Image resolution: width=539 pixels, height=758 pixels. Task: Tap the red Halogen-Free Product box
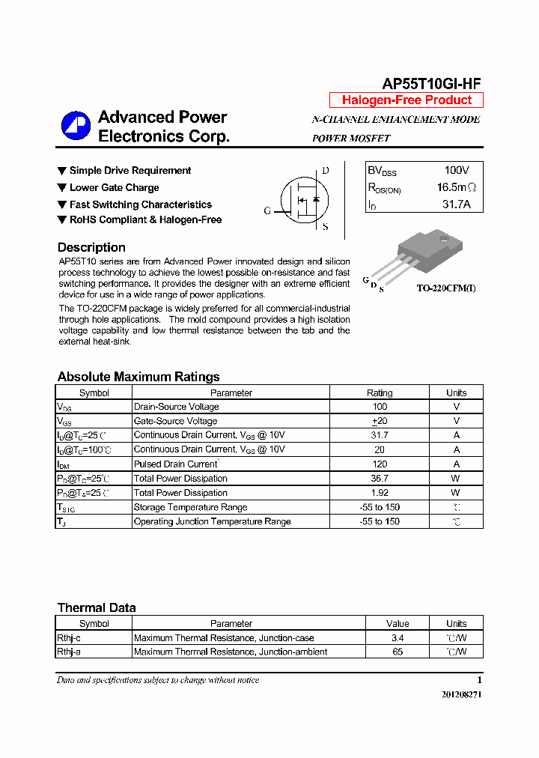[x=406, y=100]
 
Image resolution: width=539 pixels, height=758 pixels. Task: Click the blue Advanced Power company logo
[x=75, y=126]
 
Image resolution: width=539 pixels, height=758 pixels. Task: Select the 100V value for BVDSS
[x=456, y=171]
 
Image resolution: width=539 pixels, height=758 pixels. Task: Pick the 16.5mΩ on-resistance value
[x=456, y=187]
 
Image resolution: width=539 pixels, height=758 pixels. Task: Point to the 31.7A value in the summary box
[x=456, y=204]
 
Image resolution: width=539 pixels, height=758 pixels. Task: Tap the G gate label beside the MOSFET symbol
[x=267, y=211]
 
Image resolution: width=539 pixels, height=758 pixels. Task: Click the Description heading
[x=91, y=247]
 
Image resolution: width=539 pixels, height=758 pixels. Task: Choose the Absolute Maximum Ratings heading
[x=138, y=377]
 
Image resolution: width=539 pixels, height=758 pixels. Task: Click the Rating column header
[x=380, y=392]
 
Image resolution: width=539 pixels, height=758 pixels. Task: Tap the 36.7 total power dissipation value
[x=380, y=478]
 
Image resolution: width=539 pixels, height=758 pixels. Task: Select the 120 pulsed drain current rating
[x=380, y=464]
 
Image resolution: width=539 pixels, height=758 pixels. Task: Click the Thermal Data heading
[x=97, y=607]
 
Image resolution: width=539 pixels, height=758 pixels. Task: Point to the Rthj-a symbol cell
[x=69, y=652]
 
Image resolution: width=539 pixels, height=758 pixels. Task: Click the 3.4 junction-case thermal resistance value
[x=398, y=638]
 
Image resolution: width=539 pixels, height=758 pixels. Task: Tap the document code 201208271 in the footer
[x=462, y=694]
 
